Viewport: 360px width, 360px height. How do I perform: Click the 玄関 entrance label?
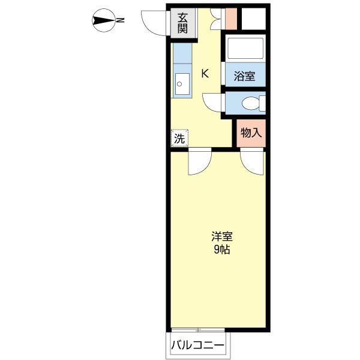tap(182, 23)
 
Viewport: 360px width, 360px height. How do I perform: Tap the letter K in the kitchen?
tap(205, 73)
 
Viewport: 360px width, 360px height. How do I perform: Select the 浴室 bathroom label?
tap(244, 76)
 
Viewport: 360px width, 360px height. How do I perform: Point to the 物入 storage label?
tap(251, 133)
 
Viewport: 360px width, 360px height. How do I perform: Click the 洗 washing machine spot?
tap(179, 139)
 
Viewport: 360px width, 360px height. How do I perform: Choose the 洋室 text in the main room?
tap(222, 236)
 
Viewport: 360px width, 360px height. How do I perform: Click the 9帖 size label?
tap(222, 250)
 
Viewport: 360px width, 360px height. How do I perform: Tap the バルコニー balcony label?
tap(197, 345)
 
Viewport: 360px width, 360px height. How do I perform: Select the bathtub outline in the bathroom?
tap(245, 48)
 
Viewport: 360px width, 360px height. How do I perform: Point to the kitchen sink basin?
tap(182, 84)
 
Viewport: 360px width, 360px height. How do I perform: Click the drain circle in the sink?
tap(179, 84)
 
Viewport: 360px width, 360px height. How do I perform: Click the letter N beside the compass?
tap(120, 20)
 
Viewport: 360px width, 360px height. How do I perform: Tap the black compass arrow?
tap(103, 20)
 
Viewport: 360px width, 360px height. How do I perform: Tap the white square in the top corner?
tap(254, 19)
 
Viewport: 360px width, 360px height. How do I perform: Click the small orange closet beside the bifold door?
tap(231, 19)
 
